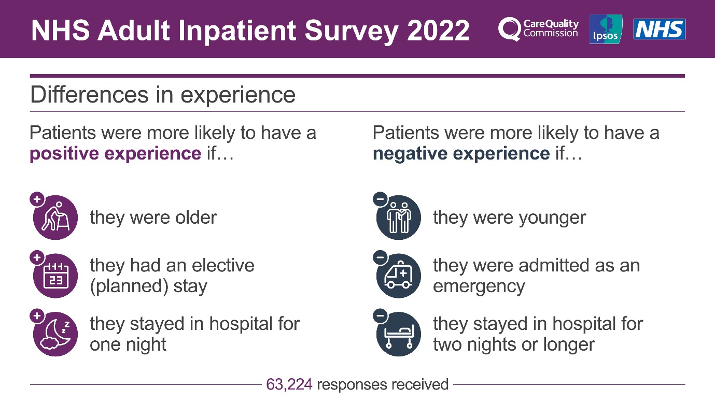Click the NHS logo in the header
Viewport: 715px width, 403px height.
tap(659, 29)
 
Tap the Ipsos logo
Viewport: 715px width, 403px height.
tap(606, 29)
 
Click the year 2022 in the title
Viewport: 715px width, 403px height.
tap(438, 30)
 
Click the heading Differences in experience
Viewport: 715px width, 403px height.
tap(163, 95)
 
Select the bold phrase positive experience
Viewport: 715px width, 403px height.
tap(115, 154)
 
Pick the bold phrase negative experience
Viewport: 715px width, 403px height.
tap(461, 154)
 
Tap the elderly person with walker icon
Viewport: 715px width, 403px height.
tap(55, 218)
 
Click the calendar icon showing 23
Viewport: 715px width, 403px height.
tap(55, 276)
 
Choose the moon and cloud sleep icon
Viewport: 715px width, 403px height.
tap(55, 334)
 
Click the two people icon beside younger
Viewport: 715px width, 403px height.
tap(399, 218)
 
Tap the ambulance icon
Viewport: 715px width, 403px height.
tap(399, 276)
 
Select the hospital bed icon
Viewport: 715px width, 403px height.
tap(399, 334)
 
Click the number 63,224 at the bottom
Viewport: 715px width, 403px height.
tap(289, 384)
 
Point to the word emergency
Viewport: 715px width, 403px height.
tap(479, 286)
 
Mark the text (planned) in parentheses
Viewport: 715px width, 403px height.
tap(127, 286)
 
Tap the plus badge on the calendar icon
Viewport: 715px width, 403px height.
tap(37, 257)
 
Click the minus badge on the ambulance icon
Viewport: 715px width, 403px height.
tap(380, 257)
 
